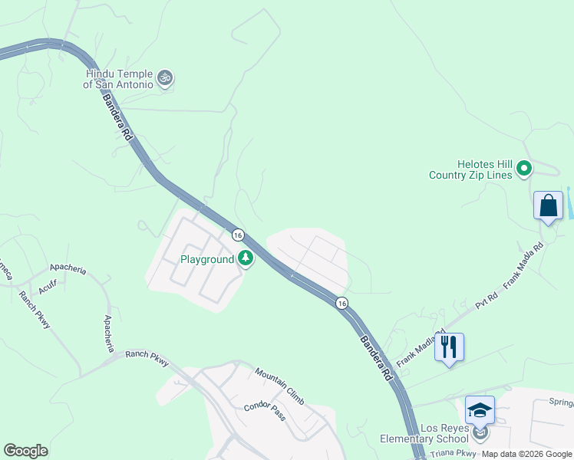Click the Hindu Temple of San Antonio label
tap(119, 78)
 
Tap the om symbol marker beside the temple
tap(164, 77)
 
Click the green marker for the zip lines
tap(525, 168)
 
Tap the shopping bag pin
tap(548, 207)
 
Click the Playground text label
tap(207, 259)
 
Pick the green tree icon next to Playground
tap(246, 258)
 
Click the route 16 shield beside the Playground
tap(238, 235)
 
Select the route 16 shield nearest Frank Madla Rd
tap(341, 303)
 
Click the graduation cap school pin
tap(480, 411)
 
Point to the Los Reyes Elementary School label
tap(424, 433)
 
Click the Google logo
tap(25, 451)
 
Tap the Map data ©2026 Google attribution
tap(527, 454)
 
